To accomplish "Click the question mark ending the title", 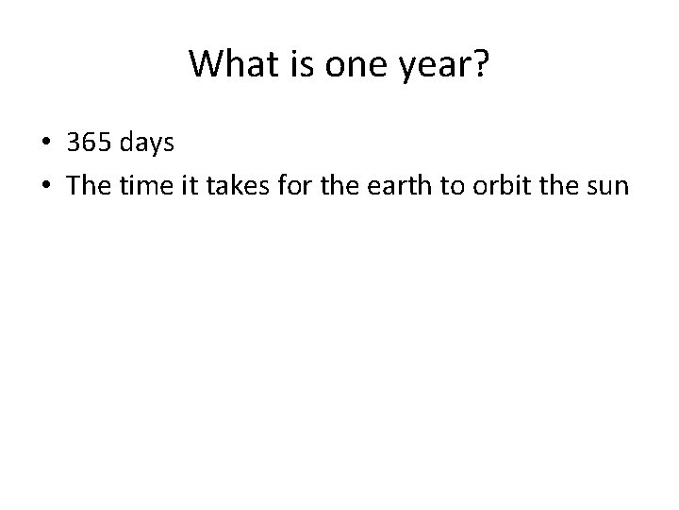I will [477, 64].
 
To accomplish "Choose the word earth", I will [397, 185].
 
